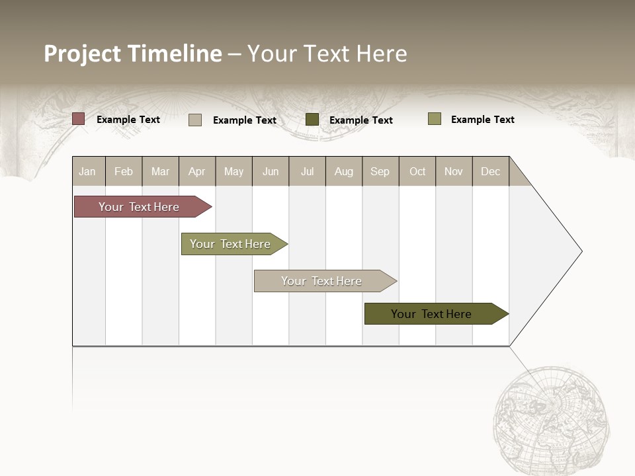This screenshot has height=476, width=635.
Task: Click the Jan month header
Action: click(x=88, y=171)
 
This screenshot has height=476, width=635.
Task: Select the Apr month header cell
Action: click(x=197, y=171)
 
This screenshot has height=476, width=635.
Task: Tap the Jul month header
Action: click(x=307, y=171)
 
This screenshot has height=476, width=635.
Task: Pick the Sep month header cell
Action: click(x=380, y=171)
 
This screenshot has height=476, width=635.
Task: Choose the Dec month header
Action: click(x=490, y=171)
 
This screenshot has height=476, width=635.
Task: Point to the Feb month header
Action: click(x=124, y=171)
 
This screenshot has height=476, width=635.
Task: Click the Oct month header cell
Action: click(x=417, y=171)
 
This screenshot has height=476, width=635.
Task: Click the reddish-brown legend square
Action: click(x=79, y=119)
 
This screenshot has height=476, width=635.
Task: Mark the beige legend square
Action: click(x=195, y=120)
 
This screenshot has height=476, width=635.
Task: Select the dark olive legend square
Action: click(x=312, y=120)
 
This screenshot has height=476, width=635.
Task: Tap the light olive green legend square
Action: click(x=434, y=119)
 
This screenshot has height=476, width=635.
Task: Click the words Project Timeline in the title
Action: click(x=132, y=54)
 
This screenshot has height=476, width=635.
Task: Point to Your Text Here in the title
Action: click(x=327, y=54)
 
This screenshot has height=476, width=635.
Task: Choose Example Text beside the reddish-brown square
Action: click(x=128, y=120)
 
